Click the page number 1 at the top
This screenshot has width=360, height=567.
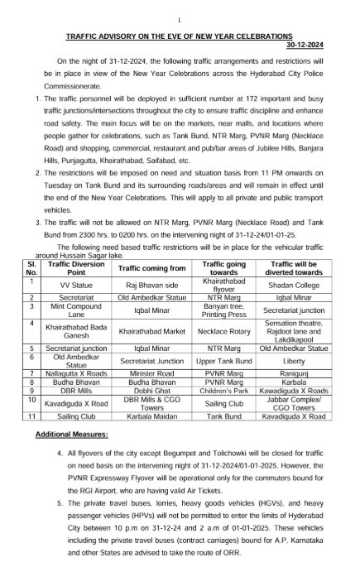pyautogui.click(x=180, y=19)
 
